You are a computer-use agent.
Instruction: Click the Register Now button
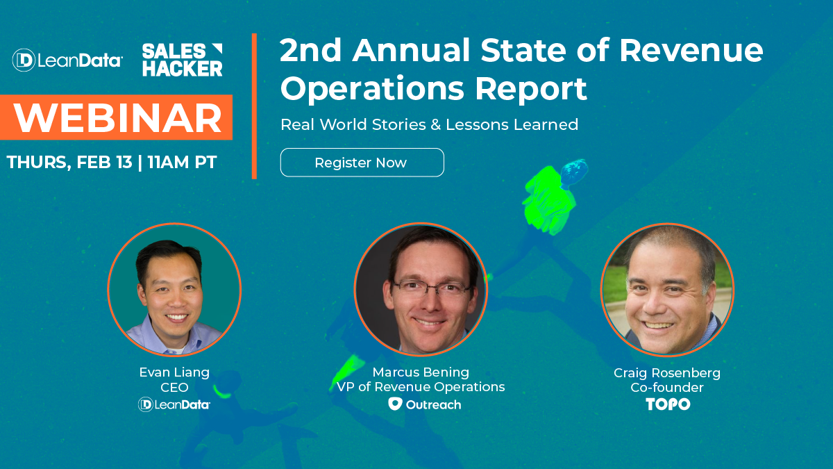[x=362, y=163]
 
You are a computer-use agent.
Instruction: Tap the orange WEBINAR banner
[x=116, y=119]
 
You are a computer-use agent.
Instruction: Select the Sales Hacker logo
[x=182, y=60]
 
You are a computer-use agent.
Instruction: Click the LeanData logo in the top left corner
[x=67, y=60]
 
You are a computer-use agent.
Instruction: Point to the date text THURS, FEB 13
[x=69, y=163]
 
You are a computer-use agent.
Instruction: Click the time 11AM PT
[x=183, y=163]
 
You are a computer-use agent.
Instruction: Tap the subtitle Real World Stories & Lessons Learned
[x=429, y=125]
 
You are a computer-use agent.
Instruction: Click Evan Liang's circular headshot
[x=174, y=290]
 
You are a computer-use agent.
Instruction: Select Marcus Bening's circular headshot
[x=421, y=290]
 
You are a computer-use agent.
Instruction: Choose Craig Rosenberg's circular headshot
[x=667, y=290]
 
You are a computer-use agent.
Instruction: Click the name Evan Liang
[x=174, y=372]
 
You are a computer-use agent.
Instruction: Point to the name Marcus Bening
[x=421, y=372]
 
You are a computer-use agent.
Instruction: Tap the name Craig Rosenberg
[x=667, y=373]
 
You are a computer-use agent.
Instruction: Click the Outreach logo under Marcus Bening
[x=424, y=404]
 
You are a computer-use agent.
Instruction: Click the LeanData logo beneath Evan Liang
[x=174, y=404]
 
